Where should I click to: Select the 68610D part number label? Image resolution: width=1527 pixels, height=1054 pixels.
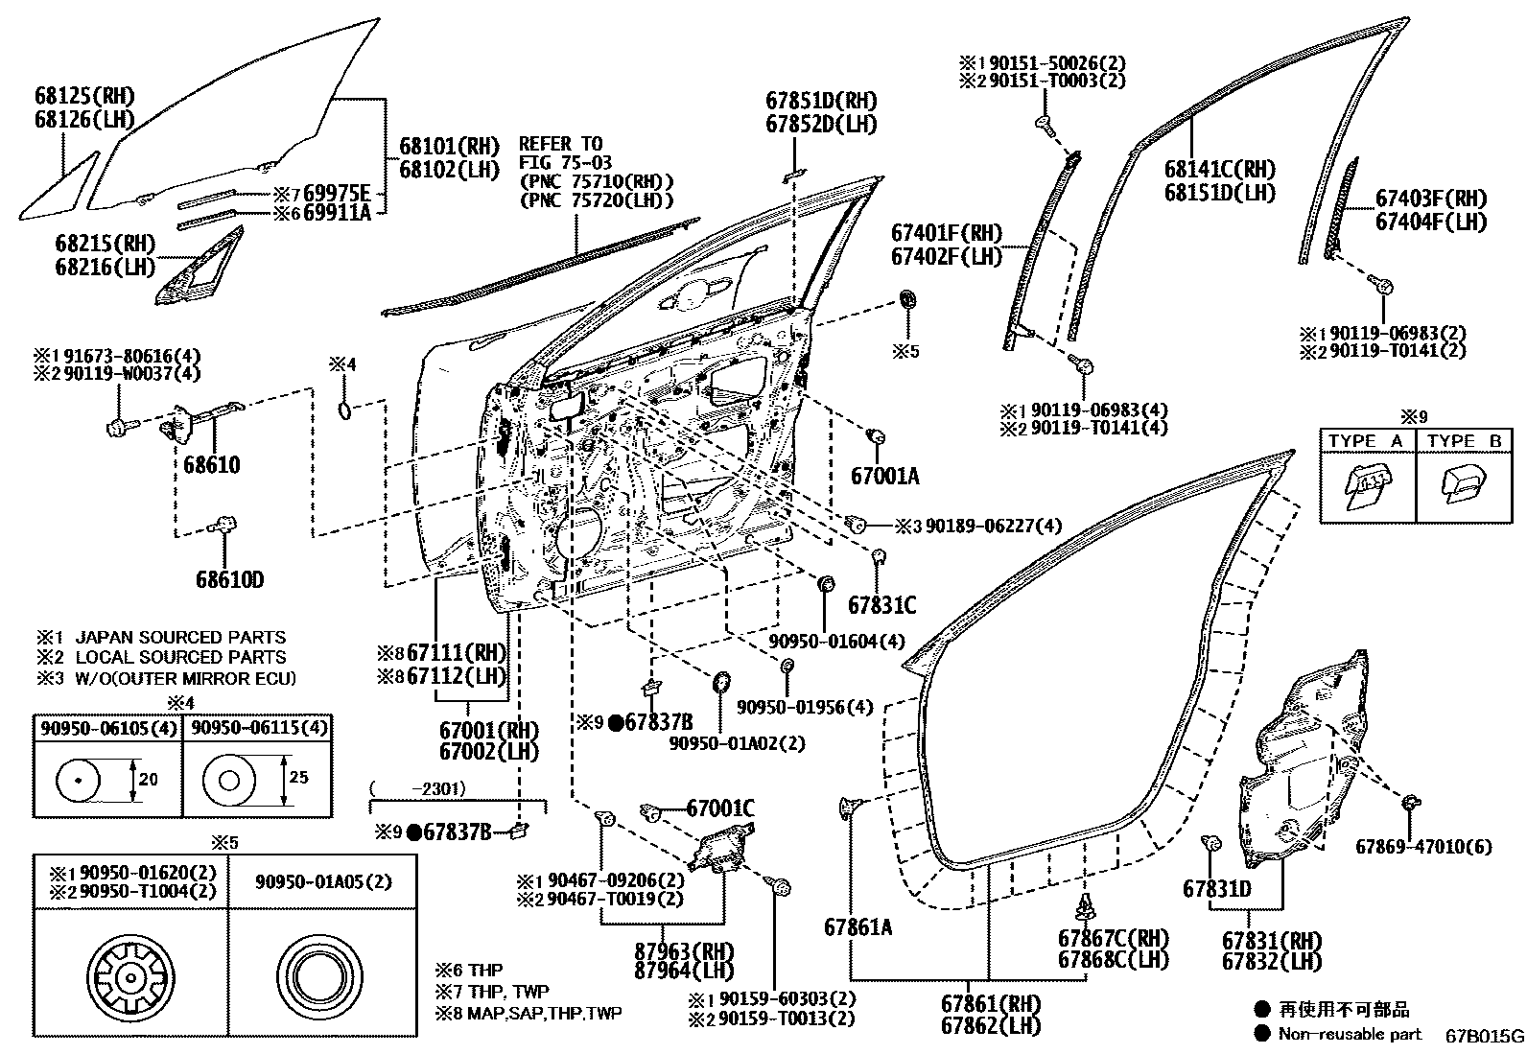[229, 579]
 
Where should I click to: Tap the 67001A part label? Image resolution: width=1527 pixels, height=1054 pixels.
[884, 476]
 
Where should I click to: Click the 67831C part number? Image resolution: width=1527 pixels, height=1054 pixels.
[881, 605]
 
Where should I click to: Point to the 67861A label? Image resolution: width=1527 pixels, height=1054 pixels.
[857, 926]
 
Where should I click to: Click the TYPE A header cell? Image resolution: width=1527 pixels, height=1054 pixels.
[1366, 441]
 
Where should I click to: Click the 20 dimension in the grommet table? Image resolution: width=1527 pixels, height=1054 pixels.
[148, 780]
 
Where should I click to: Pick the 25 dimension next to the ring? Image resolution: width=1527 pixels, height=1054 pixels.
[298, 777]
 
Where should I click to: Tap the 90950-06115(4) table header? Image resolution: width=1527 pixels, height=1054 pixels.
[258, 728]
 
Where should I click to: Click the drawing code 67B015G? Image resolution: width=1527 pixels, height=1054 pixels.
[1484, 1036]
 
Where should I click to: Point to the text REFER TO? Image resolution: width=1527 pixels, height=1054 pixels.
[560, 144]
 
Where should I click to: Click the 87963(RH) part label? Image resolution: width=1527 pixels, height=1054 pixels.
[683, 950]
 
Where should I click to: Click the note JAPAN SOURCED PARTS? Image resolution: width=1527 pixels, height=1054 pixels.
[180, 637]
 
